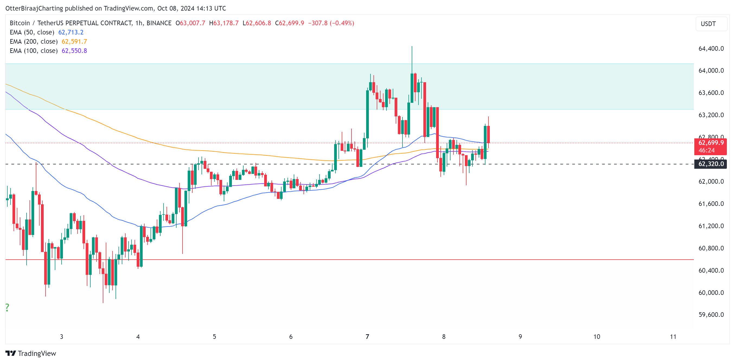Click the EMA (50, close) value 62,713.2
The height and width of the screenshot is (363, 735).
point(71,32)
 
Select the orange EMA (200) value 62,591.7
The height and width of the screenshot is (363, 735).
point(74,42)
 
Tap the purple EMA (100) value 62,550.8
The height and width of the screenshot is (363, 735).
point(74,50)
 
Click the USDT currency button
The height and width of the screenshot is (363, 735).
point(708,24)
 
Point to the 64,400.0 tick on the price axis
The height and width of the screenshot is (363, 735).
point(711,49)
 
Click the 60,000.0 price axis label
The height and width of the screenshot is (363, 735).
point(711,292)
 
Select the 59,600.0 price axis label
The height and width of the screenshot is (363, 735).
point(711,314)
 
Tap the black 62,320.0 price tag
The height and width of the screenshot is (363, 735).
point(711,164)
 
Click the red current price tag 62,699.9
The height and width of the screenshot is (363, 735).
point(711,143)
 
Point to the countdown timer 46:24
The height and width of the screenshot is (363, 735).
point(707,150)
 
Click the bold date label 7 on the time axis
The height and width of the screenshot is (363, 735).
point(367,337)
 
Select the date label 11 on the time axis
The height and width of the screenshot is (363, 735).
point(673,337)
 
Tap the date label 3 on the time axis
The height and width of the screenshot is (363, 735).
point(61,337)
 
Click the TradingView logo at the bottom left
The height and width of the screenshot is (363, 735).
point(31,353)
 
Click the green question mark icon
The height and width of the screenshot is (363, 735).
point(7,307)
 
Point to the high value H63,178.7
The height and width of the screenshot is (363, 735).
point(224,23)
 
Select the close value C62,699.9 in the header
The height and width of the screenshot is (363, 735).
point(289,23)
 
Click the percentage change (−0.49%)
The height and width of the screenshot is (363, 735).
point(342,23)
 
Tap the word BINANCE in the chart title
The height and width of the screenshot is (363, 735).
point(159,23)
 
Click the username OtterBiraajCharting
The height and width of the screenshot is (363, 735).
point(34,8)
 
